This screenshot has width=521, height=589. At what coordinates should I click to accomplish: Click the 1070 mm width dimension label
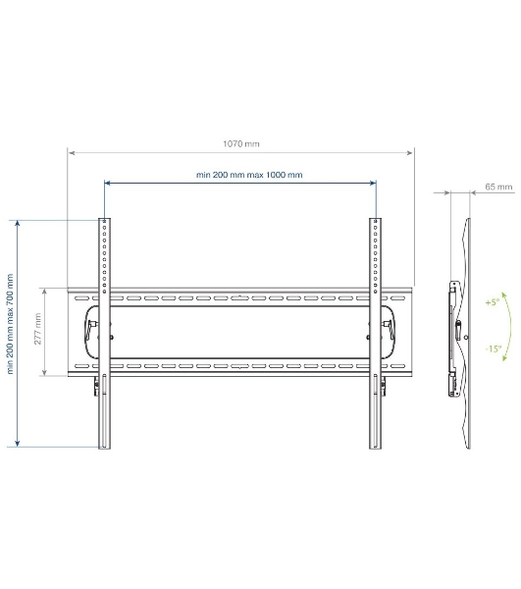tap(241, 144)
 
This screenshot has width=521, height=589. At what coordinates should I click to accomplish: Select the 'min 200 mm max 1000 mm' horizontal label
tap(249, 175)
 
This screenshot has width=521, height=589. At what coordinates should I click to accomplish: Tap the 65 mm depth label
tap(498, 187)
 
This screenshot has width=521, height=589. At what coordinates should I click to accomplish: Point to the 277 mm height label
tap(37, 329)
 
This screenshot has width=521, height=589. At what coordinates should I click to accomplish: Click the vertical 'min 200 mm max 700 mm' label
tap(10, 324)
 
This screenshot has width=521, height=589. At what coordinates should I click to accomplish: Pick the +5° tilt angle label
tap(493, 302)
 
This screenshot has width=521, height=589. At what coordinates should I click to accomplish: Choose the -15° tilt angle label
tap(494, 348)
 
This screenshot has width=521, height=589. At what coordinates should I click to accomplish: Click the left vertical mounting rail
tap(104, 333)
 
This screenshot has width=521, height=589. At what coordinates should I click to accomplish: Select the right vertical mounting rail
tap(375, 333)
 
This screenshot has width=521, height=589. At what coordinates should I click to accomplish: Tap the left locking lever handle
tap(90, 329)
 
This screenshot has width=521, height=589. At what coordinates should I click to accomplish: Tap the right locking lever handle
tap(389, 329)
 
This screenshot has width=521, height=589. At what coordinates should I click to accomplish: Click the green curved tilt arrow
tap(510, 326)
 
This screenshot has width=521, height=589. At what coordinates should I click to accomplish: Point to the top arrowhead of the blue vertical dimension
tap(18, 223)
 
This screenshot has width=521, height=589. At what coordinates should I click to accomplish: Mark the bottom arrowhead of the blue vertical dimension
tap(18, 444)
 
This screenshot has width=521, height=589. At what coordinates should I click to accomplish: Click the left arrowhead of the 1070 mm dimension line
tap(72, 153)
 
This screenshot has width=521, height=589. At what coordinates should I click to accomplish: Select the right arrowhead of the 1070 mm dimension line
tap(410, 153)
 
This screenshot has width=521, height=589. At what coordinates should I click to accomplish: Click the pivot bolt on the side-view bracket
tap(466, 338)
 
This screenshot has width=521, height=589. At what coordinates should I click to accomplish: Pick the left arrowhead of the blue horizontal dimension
tap(107, 183)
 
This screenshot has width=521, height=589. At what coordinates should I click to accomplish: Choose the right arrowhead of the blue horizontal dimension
tap(373, 183)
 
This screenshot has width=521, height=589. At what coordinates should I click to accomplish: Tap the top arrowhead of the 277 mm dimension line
tap(45, 292)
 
